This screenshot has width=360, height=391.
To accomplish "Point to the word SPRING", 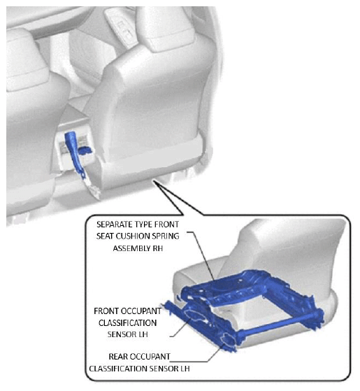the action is (x=166, y=236).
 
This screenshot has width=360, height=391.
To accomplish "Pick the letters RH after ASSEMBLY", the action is (x=156, y=248).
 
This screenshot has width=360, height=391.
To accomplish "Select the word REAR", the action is (x=118, y=356).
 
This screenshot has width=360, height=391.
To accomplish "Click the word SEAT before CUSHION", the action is (x=105, y=236).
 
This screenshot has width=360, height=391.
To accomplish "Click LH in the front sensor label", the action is (x=143, y=334).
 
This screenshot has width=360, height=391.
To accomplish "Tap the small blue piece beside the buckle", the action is (x=85, y=150).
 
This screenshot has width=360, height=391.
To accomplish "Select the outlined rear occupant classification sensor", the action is (x=228, y=338).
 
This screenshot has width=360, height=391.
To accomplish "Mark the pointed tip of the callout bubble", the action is (x=154, y=180).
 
